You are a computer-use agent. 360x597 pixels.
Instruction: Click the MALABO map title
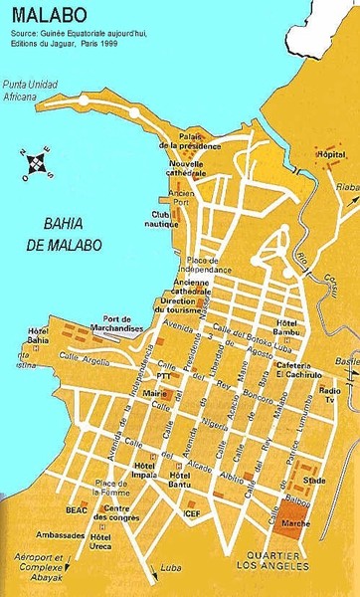(46, 15)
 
